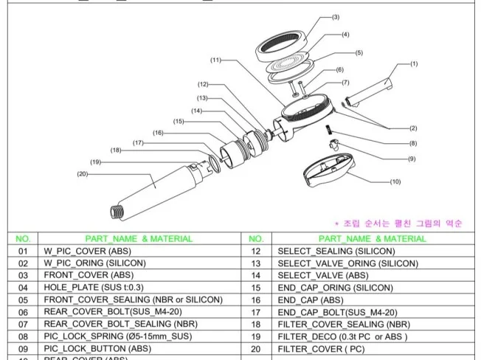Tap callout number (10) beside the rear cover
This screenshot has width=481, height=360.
395,181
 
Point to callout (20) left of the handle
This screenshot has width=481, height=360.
82,174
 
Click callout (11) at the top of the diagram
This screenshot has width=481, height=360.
215,60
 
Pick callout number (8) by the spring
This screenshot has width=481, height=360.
412,143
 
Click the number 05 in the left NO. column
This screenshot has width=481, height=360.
23,300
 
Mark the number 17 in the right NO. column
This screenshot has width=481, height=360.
257,311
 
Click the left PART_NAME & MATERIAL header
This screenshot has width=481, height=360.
139,238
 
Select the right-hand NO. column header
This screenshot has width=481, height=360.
257,238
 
